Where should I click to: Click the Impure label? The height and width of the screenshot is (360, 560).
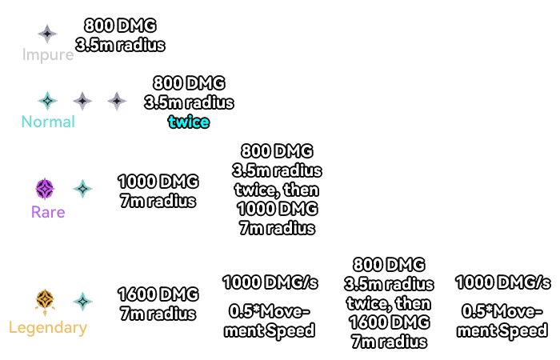click(48, 55)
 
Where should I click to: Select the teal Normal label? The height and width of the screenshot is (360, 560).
click(48, 122)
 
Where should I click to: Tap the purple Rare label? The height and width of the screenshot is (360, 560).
click(48, 212)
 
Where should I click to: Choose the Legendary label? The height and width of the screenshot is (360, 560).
click(47, 327)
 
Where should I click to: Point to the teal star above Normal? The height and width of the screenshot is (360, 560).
click(48, 101)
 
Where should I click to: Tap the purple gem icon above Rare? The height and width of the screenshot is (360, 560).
click(45, 190)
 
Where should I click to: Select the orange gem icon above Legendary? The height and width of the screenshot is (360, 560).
click(44, 302)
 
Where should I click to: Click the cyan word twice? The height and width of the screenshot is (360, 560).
click(189, 122)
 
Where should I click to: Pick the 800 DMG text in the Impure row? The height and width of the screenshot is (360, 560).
click(120, 26)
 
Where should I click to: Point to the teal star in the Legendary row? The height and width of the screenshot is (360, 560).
click(82, 302)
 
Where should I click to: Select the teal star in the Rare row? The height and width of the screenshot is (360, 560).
click(82, 190)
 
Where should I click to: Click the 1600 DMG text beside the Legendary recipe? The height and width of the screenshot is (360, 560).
click(157, 294)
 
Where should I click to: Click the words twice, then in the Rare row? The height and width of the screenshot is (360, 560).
click(276, 190)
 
